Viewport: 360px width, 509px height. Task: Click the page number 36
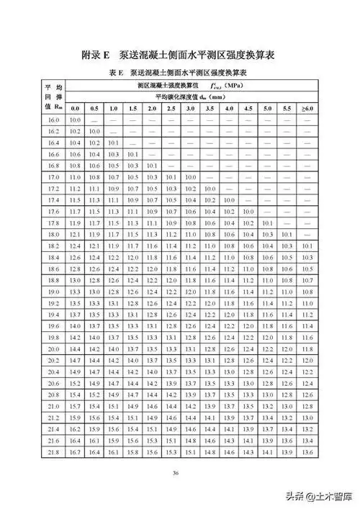click(176, 472)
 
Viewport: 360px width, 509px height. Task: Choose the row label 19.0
click(53, 292)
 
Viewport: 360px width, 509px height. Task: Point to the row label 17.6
click(53, 211)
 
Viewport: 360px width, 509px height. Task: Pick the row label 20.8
click(53, 395)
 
